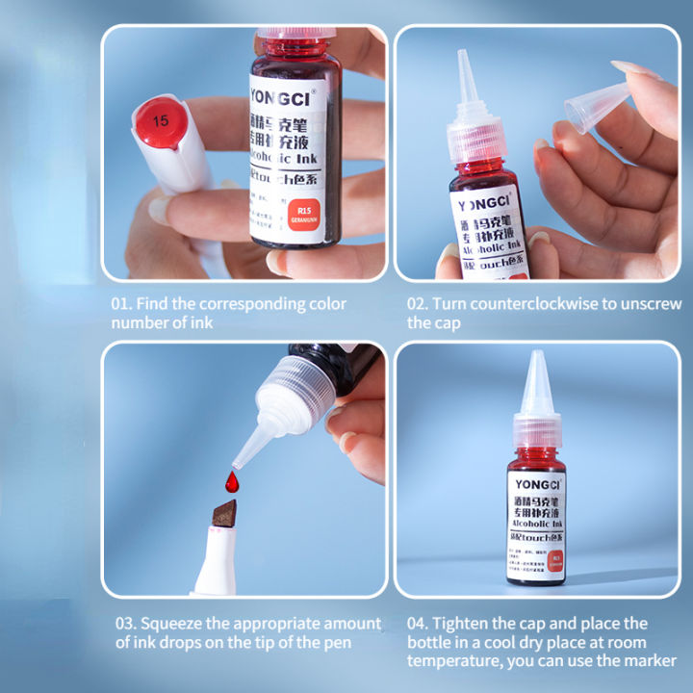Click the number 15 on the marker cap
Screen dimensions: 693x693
coord(160,121)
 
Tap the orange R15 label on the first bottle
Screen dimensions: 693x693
coord(304,213)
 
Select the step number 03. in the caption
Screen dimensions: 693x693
coord(128,624)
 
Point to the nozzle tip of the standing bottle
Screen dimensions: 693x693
coord(536,359)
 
